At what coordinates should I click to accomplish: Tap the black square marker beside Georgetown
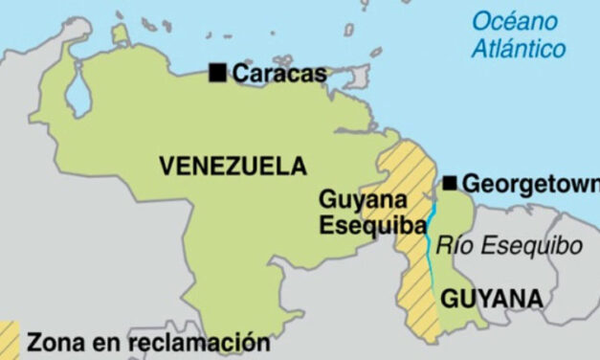(449, 183)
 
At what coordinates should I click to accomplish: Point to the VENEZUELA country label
(233, 166)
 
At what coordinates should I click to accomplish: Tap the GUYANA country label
(491, 300)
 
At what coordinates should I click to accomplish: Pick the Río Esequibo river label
(508, 246)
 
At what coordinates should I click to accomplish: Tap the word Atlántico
(518, 48)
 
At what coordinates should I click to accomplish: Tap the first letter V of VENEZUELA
(167, 166)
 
